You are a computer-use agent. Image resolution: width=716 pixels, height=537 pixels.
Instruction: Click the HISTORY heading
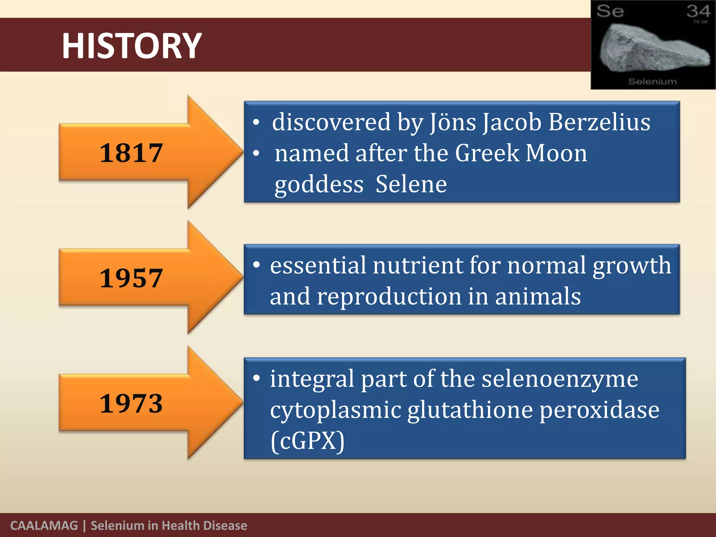(132, 46)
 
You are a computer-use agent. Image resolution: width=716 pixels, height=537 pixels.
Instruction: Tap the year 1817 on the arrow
(131, 153)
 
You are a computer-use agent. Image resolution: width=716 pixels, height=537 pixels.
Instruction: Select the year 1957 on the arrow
(131, 278)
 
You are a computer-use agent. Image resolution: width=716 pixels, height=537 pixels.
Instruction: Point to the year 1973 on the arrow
(131, 403)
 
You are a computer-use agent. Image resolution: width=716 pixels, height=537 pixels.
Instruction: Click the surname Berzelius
(599, 122)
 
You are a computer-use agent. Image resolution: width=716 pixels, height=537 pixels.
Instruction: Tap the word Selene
(411, 184)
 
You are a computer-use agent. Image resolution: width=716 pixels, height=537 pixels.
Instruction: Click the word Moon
(556, 153)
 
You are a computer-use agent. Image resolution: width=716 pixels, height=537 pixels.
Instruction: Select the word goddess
(319, 184)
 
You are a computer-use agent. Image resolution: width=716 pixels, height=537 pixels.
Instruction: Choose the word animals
(538, 296)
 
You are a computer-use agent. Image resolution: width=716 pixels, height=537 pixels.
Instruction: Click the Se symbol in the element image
(610, 11)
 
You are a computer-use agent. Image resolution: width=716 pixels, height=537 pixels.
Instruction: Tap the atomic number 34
(698, 11)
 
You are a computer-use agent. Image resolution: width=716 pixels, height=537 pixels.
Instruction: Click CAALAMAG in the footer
(44, 525)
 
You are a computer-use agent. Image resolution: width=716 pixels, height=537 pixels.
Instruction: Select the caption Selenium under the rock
(652, 81)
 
